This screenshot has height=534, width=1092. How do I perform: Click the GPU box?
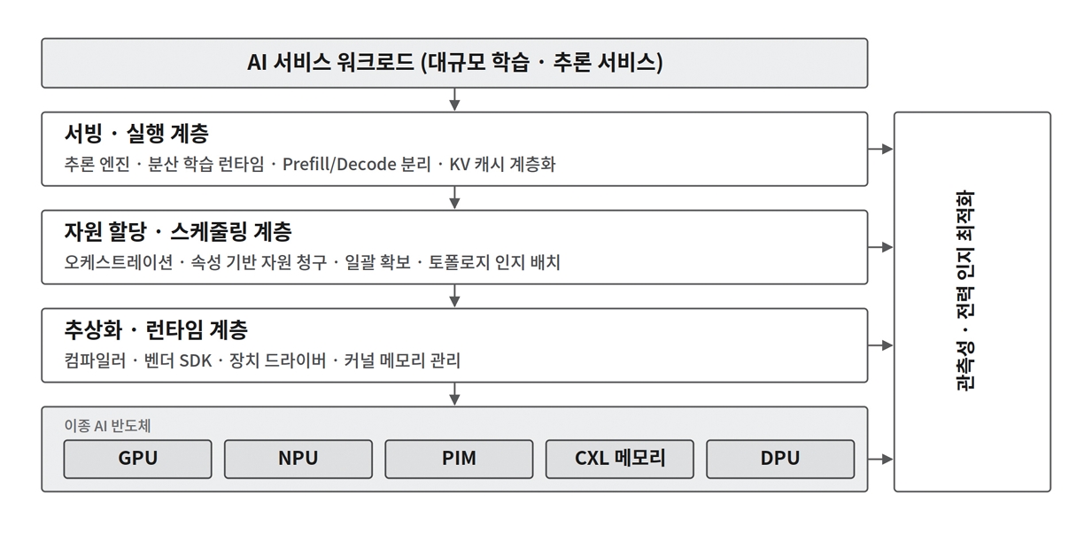pos(137,459)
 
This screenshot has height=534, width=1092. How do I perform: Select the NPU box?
pos(298,459)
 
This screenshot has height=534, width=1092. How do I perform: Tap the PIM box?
pos(459,459)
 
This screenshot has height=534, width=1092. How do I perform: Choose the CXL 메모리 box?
pos(620,459)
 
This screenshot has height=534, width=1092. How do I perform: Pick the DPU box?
pos(780,459)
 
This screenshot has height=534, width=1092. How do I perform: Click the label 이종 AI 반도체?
pos(107,426)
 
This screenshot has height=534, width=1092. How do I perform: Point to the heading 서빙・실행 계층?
pos(136,133)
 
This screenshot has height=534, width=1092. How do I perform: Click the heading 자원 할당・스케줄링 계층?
pos(178,231)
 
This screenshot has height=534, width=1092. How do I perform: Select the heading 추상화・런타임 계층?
pos(156,329)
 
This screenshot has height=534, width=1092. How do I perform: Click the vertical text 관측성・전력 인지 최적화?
pos(965,290)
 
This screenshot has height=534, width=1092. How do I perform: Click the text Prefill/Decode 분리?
pos(357,165)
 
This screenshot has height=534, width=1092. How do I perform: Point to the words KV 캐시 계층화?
pos(502,165)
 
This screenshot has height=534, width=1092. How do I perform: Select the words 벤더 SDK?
pos(178,361)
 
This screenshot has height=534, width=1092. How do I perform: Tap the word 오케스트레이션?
pos(119,262)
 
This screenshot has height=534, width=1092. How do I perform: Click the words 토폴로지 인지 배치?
pos(494,262)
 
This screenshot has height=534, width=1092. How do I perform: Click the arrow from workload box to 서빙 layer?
pos(454,99)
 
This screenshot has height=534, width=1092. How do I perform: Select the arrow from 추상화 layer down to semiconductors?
pos(454,394)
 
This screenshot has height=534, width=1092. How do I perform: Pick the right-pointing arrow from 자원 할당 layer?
pos(880,247)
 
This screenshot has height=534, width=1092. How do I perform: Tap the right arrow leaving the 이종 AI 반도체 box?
pos(880,459)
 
